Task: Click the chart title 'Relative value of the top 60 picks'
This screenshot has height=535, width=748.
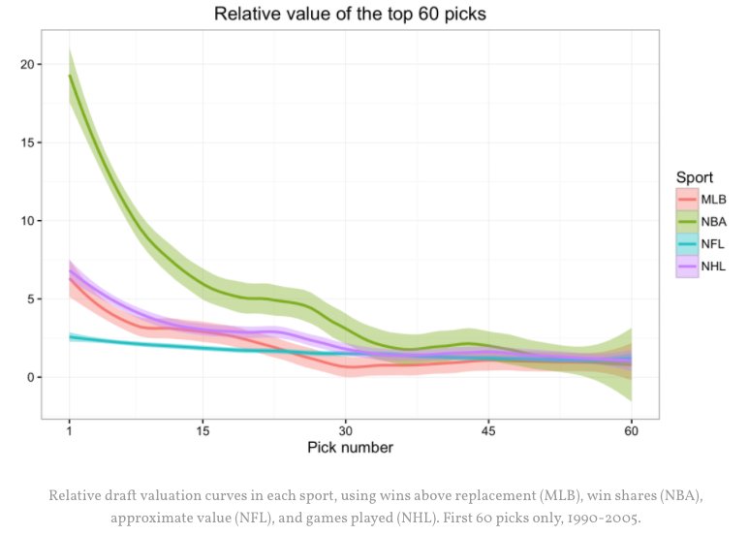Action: (x=350, y=15)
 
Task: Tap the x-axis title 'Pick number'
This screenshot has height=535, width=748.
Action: (x=350, y=447)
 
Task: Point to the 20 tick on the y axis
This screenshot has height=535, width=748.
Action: (x=27, y=65)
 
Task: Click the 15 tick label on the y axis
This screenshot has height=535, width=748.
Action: (x=27, y=142)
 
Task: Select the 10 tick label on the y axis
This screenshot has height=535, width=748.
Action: (x=27, y=221)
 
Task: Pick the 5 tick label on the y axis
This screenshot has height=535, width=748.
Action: (x=31, y=299)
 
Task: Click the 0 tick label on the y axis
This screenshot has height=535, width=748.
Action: (x=31, y=378)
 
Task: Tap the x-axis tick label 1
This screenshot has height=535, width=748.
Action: (x=69, y=429)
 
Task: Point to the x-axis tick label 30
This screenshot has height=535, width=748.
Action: (x=345, y=429)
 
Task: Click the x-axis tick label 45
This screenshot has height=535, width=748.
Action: (x=488, y=429)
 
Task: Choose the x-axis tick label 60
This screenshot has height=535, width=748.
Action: (x=631, y=429)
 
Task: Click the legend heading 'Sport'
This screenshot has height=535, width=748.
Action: (x=695, y=177)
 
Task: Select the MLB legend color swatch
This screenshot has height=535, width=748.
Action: (x=687, y=198)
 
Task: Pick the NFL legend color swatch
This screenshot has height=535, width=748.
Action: (x=687, y=244)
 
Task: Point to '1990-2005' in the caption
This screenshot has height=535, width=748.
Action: (x=603, y=518)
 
